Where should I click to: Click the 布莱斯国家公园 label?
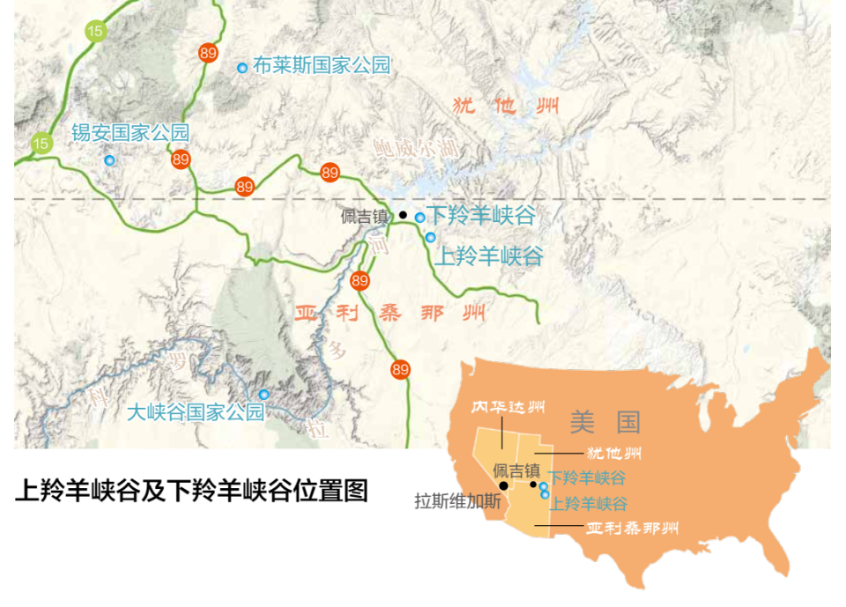tap(321, 65)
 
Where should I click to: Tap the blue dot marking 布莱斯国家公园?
tap(242, 68)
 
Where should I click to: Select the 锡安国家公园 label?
tap(130, 133)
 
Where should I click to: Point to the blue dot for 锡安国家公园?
tap(109, 160)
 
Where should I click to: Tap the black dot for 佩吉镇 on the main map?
tap(403, 215)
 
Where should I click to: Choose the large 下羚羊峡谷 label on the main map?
tap(481, 215)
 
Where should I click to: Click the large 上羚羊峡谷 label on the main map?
tap(490, 256)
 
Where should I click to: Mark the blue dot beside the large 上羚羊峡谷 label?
tap(430, 237)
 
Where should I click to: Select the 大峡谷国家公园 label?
tap(196, 411)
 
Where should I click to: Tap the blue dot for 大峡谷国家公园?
tap(263, 395)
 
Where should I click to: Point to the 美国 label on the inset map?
tap(605, 422)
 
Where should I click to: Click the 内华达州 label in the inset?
tap(507, 408)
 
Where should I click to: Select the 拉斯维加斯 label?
tap(457, 502)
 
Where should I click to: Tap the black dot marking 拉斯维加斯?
tap(503, 485)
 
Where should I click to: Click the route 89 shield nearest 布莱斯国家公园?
tap(208, 53)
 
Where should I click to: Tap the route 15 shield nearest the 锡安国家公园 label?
tap(41, 143)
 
